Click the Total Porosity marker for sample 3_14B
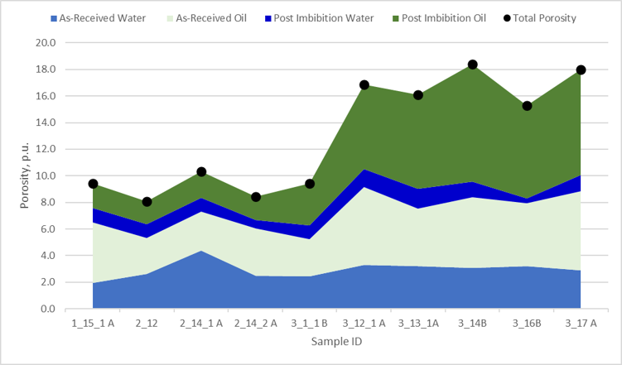pyautogui.click(x=472, y=65)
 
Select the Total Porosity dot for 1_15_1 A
pyautogui.click(x=93, y=184)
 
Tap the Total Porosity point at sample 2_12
pyautogui.click(x=147, y=201)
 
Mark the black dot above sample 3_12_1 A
pyautogui.click(x=364, y=85)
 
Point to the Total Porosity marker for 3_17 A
pyautogui.click(x=581, y=70)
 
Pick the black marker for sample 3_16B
pyautogui.click(x=527, y=106)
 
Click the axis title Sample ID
pyautogui.click(x=336, y=341)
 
